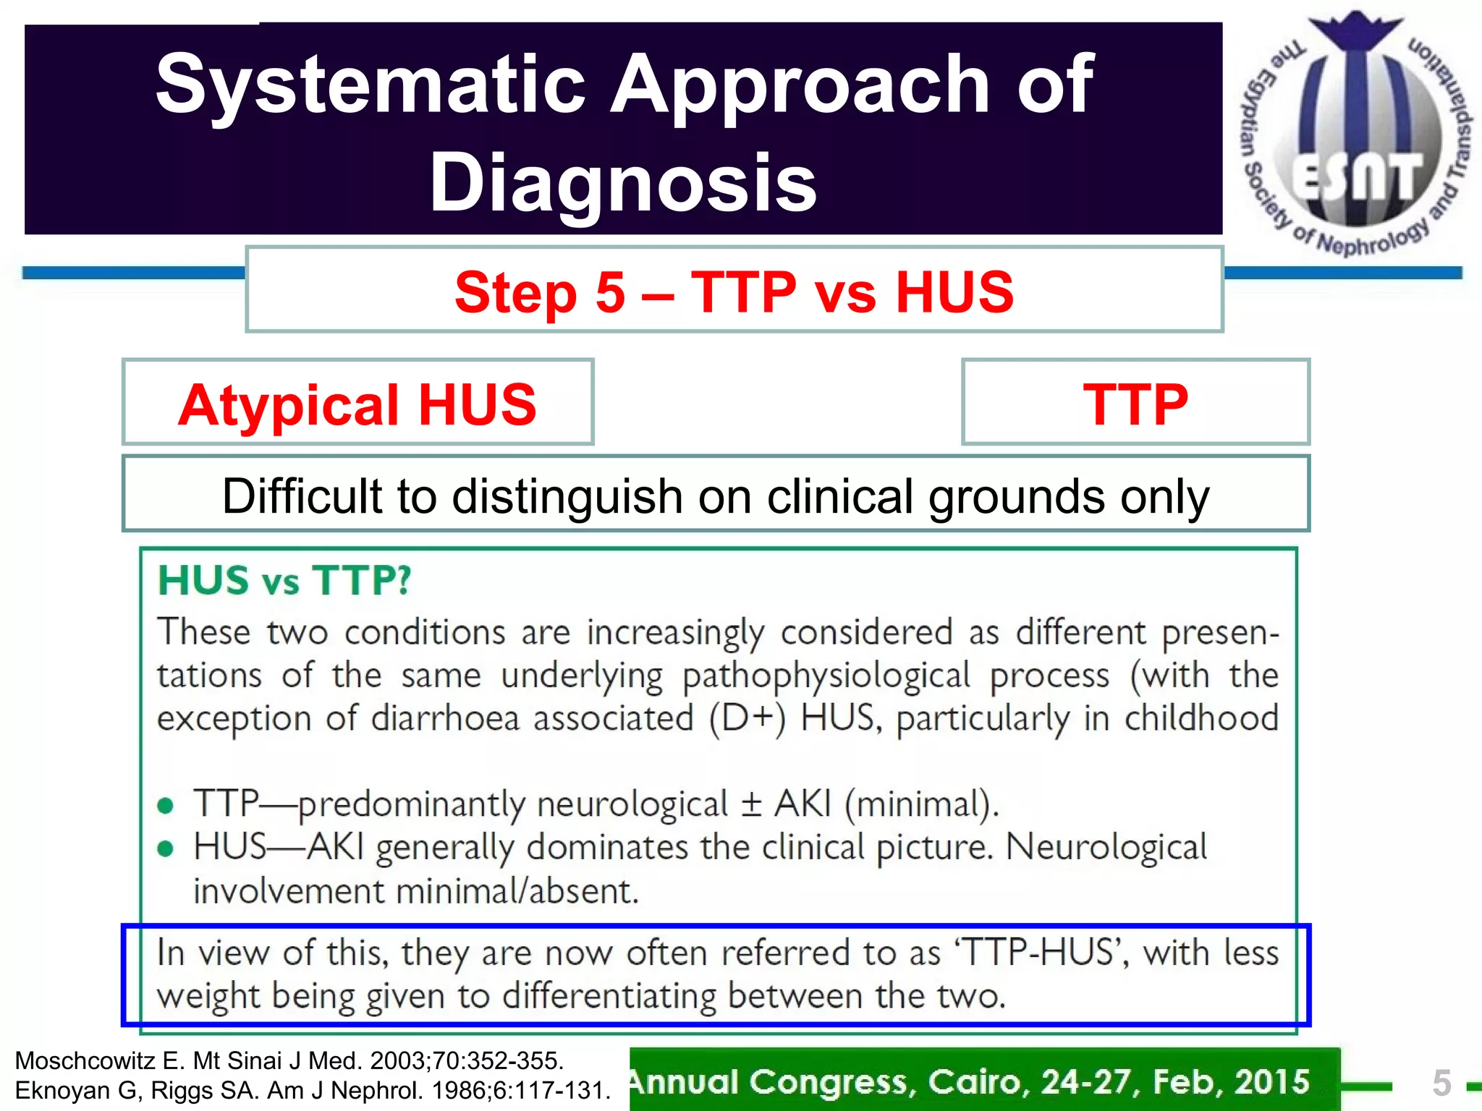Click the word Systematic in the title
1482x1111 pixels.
tap(370, 85)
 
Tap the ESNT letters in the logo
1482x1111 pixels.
tap(1357, 177)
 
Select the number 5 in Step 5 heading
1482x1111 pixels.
tap(610, 292)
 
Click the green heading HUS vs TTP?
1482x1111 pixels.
tap(284, 581)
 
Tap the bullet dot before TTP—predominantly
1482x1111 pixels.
tap(166, 806)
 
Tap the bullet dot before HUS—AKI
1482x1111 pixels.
tap(166, 848)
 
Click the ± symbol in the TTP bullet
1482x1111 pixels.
tap(752, 804)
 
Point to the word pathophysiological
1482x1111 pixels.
tap(826, 676)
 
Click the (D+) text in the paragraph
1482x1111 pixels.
tap(748, 719)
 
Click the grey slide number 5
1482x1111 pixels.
tap(1441, 1083)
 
